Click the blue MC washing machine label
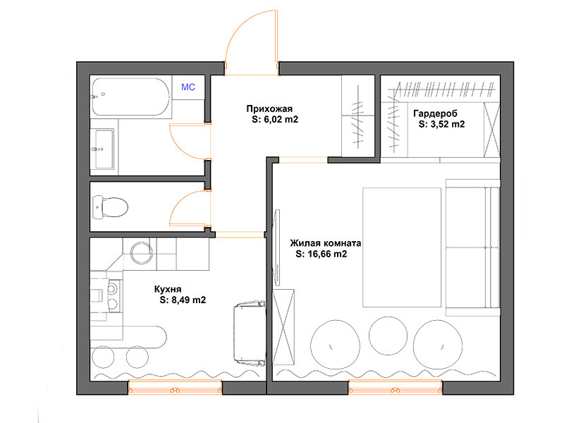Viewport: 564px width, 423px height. click(x=188, y=87)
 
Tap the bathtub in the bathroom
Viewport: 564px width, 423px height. click(x=131, y=97)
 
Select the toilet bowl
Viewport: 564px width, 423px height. click(x=110, y=207)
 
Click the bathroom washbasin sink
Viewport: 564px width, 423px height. click(x=104, y=149)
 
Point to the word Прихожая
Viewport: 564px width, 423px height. click(x=269, y=109)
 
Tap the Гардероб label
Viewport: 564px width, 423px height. click(x=435, y=114)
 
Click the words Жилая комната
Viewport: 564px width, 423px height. click(x=326, y=243)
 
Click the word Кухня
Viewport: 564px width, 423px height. click(x=168, y=289)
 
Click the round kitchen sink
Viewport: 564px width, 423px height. click(x=142, y=252)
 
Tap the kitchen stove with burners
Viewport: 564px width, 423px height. click(x=114, y=295)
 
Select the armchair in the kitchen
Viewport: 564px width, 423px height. click(x=250, y=332)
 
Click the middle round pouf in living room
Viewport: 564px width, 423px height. click(x=388, y=336)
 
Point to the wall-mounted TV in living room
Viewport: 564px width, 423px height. click(x=277, y=248)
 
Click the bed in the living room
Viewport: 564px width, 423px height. click(x=402, y=247)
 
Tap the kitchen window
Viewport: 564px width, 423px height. click(x=175, y=387)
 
